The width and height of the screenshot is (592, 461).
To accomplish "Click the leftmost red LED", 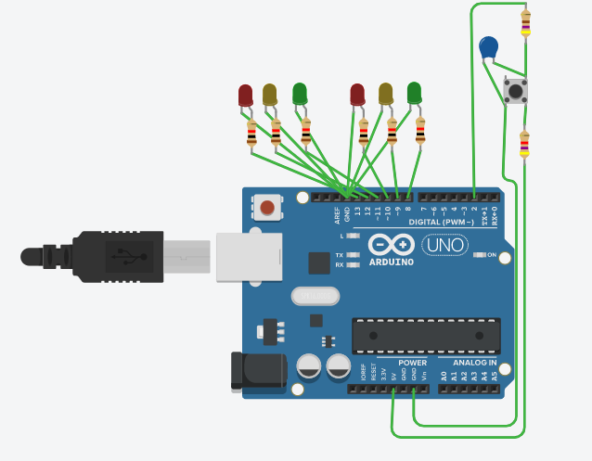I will (x=245, y=95).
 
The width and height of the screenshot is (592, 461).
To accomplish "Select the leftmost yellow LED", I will (x=270, y=95).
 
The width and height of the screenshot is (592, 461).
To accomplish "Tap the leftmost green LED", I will (x=300, y=94).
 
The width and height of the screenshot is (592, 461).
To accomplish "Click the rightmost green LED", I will (x=414, y=93).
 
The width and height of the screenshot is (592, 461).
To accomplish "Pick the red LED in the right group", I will (x=357, y=95).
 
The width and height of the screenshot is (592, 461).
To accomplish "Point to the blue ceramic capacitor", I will (x=489, y=46).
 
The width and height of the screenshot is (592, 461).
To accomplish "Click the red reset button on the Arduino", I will (x=267, y=208).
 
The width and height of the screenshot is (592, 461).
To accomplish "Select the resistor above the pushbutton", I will (x=526, y=22).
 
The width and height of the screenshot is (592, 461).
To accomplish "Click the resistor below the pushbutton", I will (x=524, y=144).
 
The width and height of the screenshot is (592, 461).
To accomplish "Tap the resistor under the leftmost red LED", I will (x=251, y=134).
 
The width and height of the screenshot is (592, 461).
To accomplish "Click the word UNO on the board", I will (x=445, y=245).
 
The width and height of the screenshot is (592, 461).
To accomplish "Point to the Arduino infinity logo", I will (x=390, y=245).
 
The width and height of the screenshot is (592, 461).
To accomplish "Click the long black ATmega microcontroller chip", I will (x=426, y=335).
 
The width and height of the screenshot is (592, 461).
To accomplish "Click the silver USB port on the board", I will (x=248, y=257).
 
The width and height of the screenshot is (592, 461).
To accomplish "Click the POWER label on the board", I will (x=412, y=363).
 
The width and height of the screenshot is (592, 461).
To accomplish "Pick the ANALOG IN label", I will (x=474, y=363).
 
